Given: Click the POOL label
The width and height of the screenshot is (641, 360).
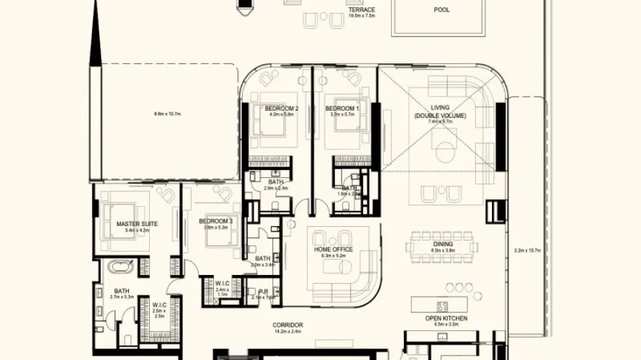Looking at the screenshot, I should click(441, 10).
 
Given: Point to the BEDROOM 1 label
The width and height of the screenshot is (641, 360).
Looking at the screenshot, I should click(342, 108).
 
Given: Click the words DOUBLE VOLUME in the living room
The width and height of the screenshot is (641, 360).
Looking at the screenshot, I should click(439, 115).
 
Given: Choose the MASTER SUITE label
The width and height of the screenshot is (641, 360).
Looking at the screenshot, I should click(137, 224).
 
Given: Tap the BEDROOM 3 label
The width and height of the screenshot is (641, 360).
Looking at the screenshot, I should click(216, 221).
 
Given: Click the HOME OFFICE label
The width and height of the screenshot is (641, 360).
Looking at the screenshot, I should click(333, 249).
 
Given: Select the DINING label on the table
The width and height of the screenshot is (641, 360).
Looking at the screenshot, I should click(443, 245).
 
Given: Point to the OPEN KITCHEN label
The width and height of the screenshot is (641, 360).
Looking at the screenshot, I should click(447, 318).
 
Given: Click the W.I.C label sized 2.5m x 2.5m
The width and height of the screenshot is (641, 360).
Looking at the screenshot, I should click(159, 305).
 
